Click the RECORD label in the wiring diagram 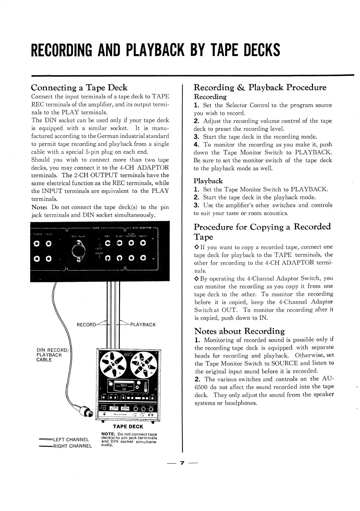point(86,325)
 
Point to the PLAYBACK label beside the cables point(143,325)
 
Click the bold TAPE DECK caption point(128,427)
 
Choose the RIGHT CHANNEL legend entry point(72,446)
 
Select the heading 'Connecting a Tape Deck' point(79,88)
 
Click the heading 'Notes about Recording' point(239,331)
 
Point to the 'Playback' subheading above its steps point(208,181)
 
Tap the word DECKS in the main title point(262,50)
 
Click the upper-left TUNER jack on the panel point(37,244)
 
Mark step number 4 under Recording point(196,145)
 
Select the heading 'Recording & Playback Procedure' point(260,87)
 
